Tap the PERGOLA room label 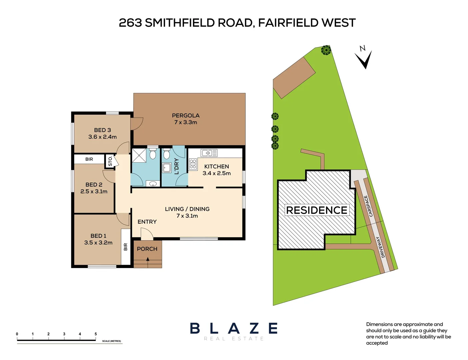(x=186, y=116)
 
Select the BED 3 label (x=102, y=130)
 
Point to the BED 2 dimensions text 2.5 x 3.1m (x=94, y=192)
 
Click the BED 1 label (x=98, y=236)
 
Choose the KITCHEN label (x=216, y=166)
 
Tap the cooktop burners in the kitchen (x=193, y=164)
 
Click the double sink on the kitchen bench (x=209, y=153)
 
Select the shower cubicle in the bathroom (x=139, y=156)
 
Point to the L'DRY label (x=177, y=166)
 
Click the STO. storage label (x=110, y=161)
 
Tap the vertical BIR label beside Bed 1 (x=126, y=247)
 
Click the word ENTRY (x=147, y=222)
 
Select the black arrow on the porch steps (x=148, y=259)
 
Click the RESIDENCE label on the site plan (x=317, y=210)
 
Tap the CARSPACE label (x=368, y=206)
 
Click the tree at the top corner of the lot (x=326, y=50)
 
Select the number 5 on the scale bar (x=96, y=334)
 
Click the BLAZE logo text (x=234, y=329)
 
